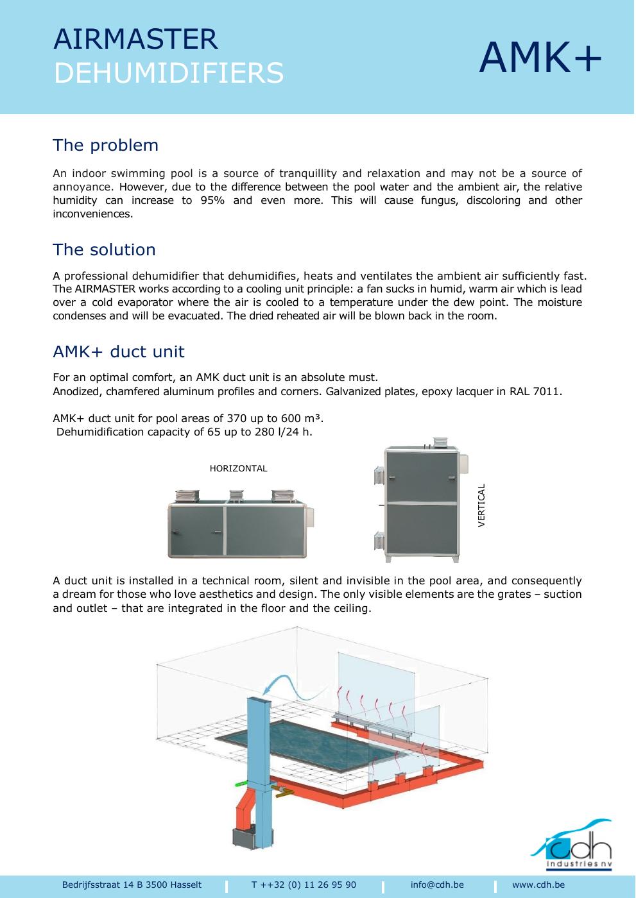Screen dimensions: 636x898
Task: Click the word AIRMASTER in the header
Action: pos(135,39)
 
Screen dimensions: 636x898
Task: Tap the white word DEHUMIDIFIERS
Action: pos(168,72)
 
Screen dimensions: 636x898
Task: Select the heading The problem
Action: pos(105,145)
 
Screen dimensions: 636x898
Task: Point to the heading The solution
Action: pos(104,250)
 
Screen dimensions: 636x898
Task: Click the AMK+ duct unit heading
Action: pos(119,352)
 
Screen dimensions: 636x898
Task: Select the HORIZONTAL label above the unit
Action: pos(238,468)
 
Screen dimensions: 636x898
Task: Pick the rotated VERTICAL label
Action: pos(481,505)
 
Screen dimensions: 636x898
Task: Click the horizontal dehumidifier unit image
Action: pos(241,523)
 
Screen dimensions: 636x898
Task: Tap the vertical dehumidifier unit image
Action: pos(421,500)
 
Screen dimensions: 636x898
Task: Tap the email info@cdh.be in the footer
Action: pos(437,885)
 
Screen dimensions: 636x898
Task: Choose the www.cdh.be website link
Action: pos(538,885)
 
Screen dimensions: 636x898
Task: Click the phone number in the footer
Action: pos(304,885)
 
